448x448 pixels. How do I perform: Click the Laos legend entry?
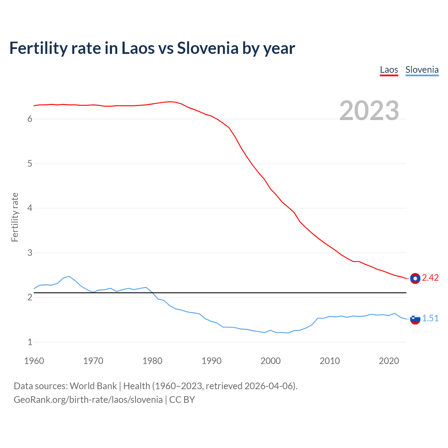[x=389, y=70]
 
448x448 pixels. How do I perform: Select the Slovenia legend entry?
[x=422, y=70]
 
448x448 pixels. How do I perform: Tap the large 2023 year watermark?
[x=369, y=111]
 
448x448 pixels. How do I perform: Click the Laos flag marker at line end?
[x=415, y=278]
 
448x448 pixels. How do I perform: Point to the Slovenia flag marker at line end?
[x=415, y=319]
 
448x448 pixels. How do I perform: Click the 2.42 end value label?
[x=430, y=278]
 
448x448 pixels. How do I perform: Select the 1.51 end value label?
[x=430, y=318]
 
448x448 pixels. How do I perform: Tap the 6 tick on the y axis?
[x=30, y=119]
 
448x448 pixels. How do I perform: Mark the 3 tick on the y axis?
[x=30, y=253]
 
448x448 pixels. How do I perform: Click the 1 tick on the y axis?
[x=30, y=342]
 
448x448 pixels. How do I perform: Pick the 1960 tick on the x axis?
[x=34, y=361]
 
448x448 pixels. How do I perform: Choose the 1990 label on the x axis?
[x=211, y=361]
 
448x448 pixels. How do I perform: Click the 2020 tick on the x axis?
[x=389, y=361]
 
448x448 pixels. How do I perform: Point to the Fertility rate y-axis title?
[x=15, y=217]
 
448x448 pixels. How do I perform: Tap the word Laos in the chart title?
[x=138, y=48]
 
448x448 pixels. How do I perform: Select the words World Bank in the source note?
[x=93, y=386]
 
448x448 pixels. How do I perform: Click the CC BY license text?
[x=182, y=400]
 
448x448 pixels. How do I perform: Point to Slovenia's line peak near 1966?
[x=69, y=276]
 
